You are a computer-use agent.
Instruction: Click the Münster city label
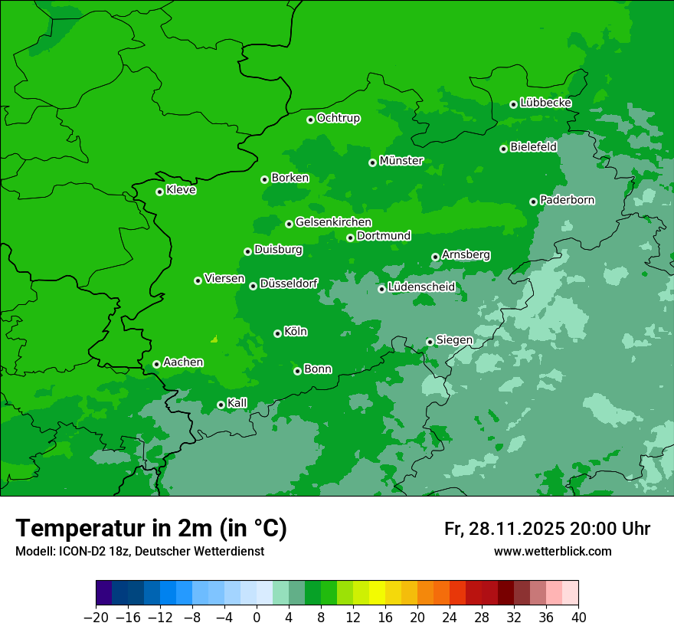[401, 161]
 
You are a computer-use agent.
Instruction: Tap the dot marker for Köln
[277, 333]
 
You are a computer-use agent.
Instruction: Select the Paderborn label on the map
[567, 200]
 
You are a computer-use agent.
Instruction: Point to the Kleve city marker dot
[159, 192]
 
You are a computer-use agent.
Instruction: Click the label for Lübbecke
[545, 103]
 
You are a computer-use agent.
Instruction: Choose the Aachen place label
[183, 362]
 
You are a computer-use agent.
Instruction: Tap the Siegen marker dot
[430, 342]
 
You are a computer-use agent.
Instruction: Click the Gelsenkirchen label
[333, 222]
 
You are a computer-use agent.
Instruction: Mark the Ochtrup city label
[338, 118]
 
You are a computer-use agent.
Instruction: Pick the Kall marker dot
[221, 405]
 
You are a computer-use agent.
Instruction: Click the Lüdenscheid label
[421, 287]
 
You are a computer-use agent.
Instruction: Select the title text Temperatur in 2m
[151, 529]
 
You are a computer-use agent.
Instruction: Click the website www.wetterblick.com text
[552, 552]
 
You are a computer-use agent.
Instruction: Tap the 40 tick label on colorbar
[578, 618]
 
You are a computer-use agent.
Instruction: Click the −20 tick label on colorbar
[96, 618]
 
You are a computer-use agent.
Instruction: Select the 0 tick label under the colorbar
[257, 618]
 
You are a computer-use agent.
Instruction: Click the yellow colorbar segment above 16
[377, 593]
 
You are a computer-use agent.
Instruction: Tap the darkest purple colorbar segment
[103, 593]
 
